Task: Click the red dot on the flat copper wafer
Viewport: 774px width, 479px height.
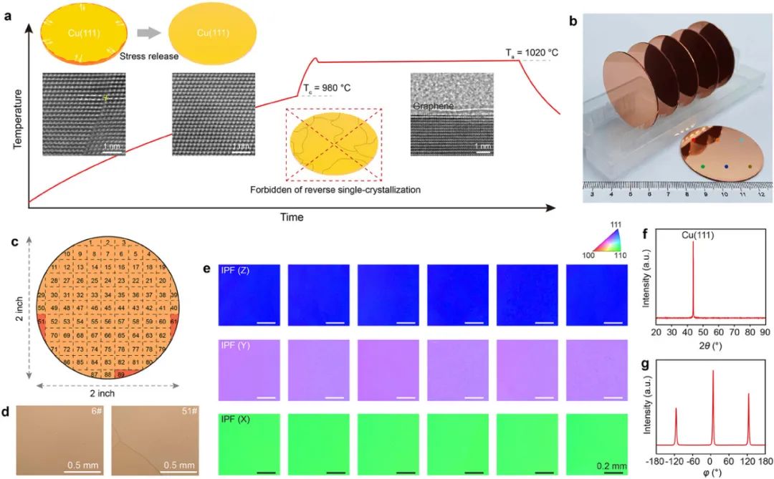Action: (694, 142)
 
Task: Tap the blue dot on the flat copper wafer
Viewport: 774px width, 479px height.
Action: (727, 167)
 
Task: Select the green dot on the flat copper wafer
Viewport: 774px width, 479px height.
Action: (703, 166)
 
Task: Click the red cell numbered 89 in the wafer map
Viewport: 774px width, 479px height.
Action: (121, 374)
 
